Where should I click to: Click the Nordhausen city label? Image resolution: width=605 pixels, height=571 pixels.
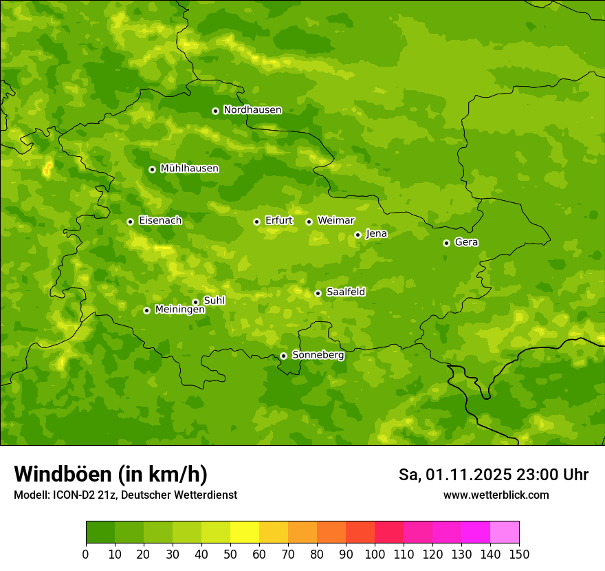pos(252,110)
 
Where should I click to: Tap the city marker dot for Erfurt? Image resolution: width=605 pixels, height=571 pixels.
pos(256,222)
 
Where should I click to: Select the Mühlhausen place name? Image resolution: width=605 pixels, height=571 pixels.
pos(189,169)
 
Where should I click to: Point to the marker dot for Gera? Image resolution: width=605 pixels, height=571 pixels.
pos(446,243)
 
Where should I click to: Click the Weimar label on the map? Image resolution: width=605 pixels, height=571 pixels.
pos(335,221)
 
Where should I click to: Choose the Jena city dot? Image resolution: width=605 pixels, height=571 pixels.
pos(357,235)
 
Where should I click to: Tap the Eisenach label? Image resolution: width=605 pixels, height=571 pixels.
pos(159,221)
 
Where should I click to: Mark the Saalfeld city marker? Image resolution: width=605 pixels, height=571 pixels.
pos(318,293)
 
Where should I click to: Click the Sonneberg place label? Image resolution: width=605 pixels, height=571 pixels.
pos(318,355)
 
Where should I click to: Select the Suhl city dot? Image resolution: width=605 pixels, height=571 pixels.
pos(195,302)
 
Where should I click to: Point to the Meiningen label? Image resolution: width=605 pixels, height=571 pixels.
pos(179,310)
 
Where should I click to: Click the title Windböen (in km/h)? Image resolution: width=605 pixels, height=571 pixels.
pos(111,474)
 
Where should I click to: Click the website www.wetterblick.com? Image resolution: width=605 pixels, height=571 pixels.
pos(496,495)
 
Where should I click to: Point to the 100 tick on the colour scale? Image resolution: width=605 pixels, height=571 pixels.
pos(375,554)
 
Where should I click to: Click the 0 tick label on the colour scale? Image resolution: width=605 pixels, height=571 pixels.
pos(86,554)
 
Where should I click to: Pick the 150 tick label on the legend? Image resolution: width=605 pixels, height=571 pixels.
pos(518,554)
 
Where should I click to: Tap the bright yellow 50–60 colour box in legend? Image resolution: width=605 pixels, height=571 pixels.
pos(245,532)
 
